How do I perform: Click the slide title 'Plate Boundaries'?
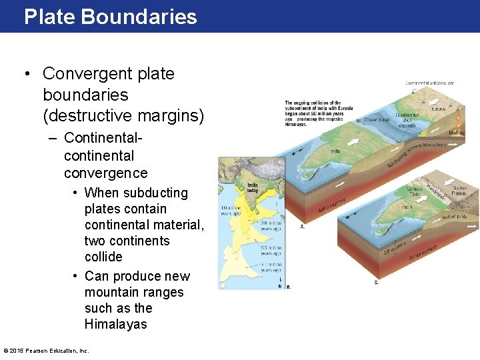(x=110, y=17)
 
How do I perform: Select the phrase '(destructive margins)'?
(x=123, y=116)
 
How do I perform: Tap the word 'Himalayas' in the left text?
(x=115, y=325)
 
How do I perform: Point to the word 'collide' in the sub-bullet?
(x=103, y=257)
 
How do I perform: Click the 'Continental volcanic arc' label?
(x=430, y=83)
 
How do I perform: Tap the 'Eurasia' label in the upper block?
(x=439, y=108)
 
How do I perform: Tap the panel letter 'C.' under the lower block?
(x=377, y=282)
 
